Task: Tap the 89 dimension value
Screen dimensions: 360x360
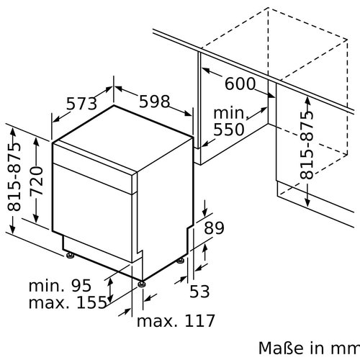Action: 214,229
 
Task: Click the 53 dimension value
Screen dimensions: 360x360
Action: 201,291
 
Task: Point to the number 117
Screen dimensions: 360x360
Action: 195,320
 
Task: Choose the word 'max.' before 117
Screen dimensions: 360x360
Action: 154,320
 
